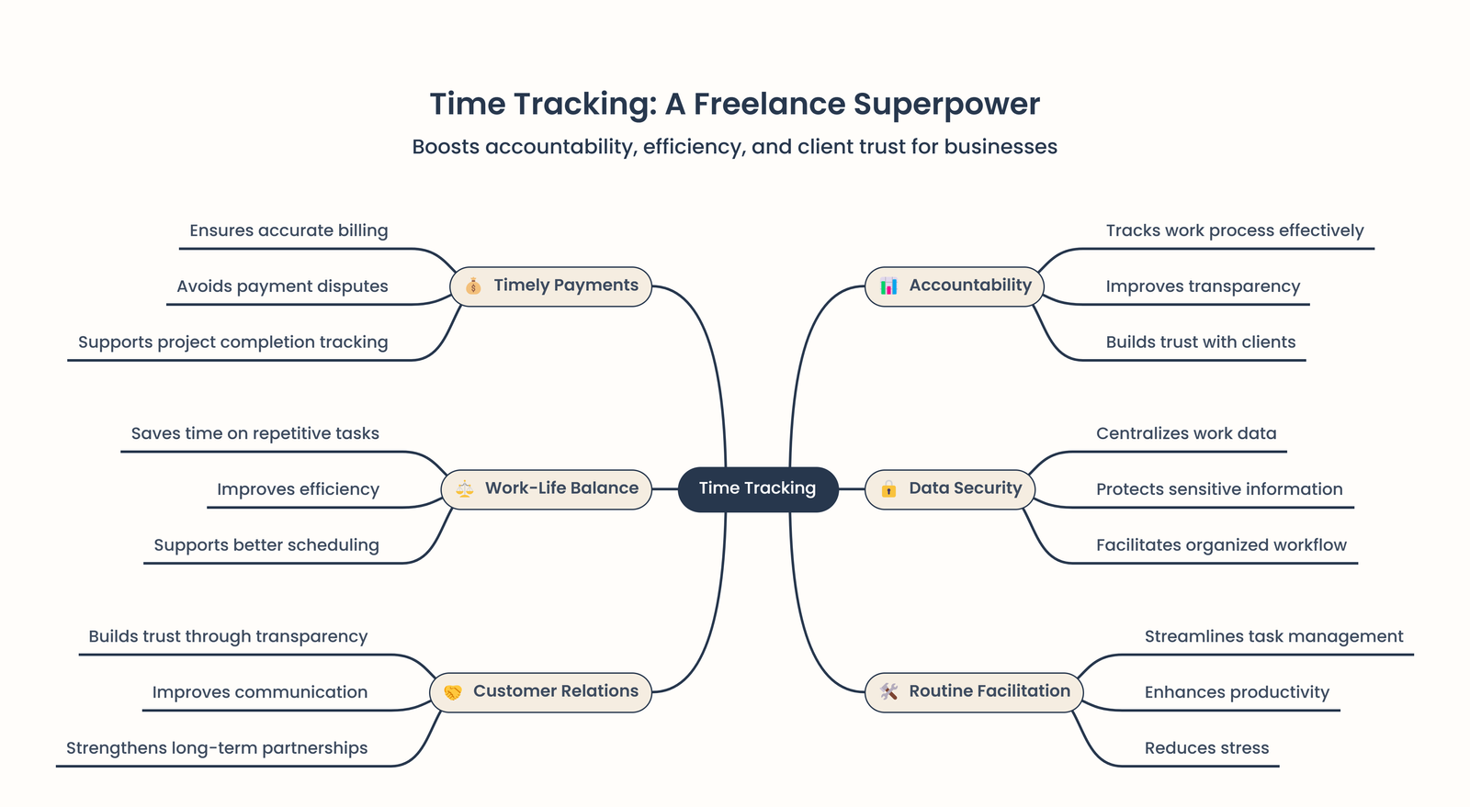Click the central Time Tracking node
point(757,488)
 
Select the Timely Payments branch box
point(551,286)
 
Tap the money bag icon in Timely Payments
point(473,286)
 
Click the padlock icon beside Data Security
point(888,488)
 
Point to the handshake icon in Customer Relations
point(453,692)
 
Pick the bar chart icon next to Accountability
point(888,286)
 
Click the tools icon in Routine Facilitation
point(888,691)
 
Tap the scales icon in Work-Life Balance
point(465,488)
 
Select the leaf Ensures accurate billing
point(288,230)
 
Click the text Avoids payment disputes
point(282,286)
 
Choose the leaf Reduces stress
point(1206,748)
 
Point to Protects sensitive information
point(1219,489)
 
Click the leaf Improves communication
point(260,692)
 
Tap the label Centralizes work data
point(1186,433)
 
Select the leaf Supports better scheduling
point(266,545)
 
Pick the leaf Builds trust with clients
point(1200,342)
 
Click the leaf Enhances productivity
point(1237,692)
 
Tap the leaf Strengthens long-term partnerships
point(217,748)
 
